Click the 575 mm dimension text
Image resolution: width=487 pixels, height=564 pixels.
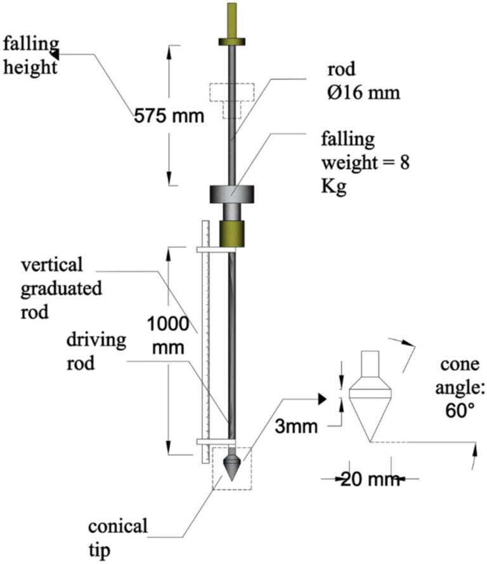pyautogui.click(x=169, y=117)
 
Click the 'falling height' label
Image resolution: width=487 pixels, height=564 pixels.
pyautogui.click(x=30, y=55)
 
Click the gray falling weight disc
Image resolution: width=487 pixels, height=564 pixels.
pyautogui.click(x=231, y=194)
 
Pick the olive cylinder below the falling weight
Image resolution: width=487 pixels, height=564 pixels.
pyautogui.click(x=231, y=233)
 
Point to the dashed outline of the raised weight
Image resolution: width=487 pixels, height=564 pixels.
pyautogui.click(x=232, y=98)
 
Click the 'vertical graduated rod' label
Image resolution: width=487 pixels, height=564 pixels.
pyautogui.click(x=61, y=289)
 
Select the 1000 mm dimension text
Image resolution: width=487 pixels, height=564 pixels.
pyautogui.click(x=168, y=336)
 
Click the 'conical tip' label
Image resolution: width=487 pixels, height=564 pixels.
pyautogui.click(x=117, y=535)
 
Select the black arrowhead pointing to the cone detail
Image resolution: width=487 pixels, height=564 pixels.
pyautogui.click(x=322, y=398)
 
